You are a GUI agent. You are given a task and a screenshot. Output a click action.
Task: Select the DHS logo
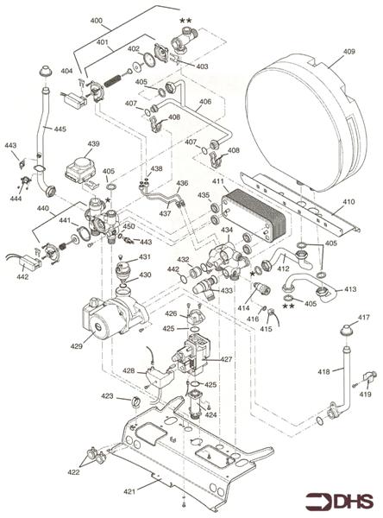[342, 499]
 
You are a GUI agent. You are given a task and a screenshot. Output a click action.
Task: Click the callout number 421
[129, 492]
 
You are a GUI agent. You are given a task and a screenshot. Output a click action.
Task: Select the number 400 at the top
[95, 19]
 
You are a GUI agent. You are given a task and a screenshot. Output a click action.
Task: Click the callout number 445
[60, 129]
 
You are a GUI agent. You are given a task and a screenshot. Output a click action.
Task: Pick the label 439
[93, 143]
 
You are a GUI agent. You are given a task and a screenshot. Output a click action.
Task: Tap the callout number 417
[364, 318]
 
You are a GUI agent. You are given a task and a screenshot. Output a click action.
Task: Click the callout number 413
[350, 289]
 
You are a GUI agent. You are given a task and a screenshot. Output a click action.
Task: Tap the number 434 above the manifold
[227, 231]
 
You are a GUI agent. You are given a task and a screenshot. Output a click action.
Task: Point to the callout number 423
[107, 396]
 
